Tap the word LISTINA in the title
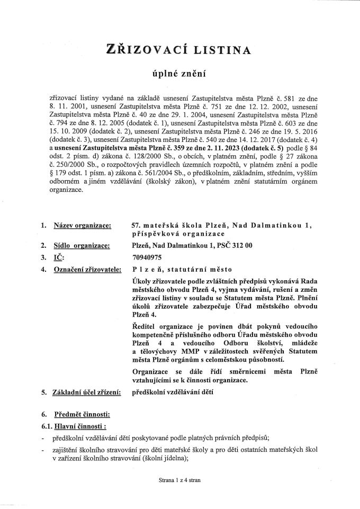(222, 50)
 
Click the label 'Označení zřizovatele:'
(86, 270)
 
